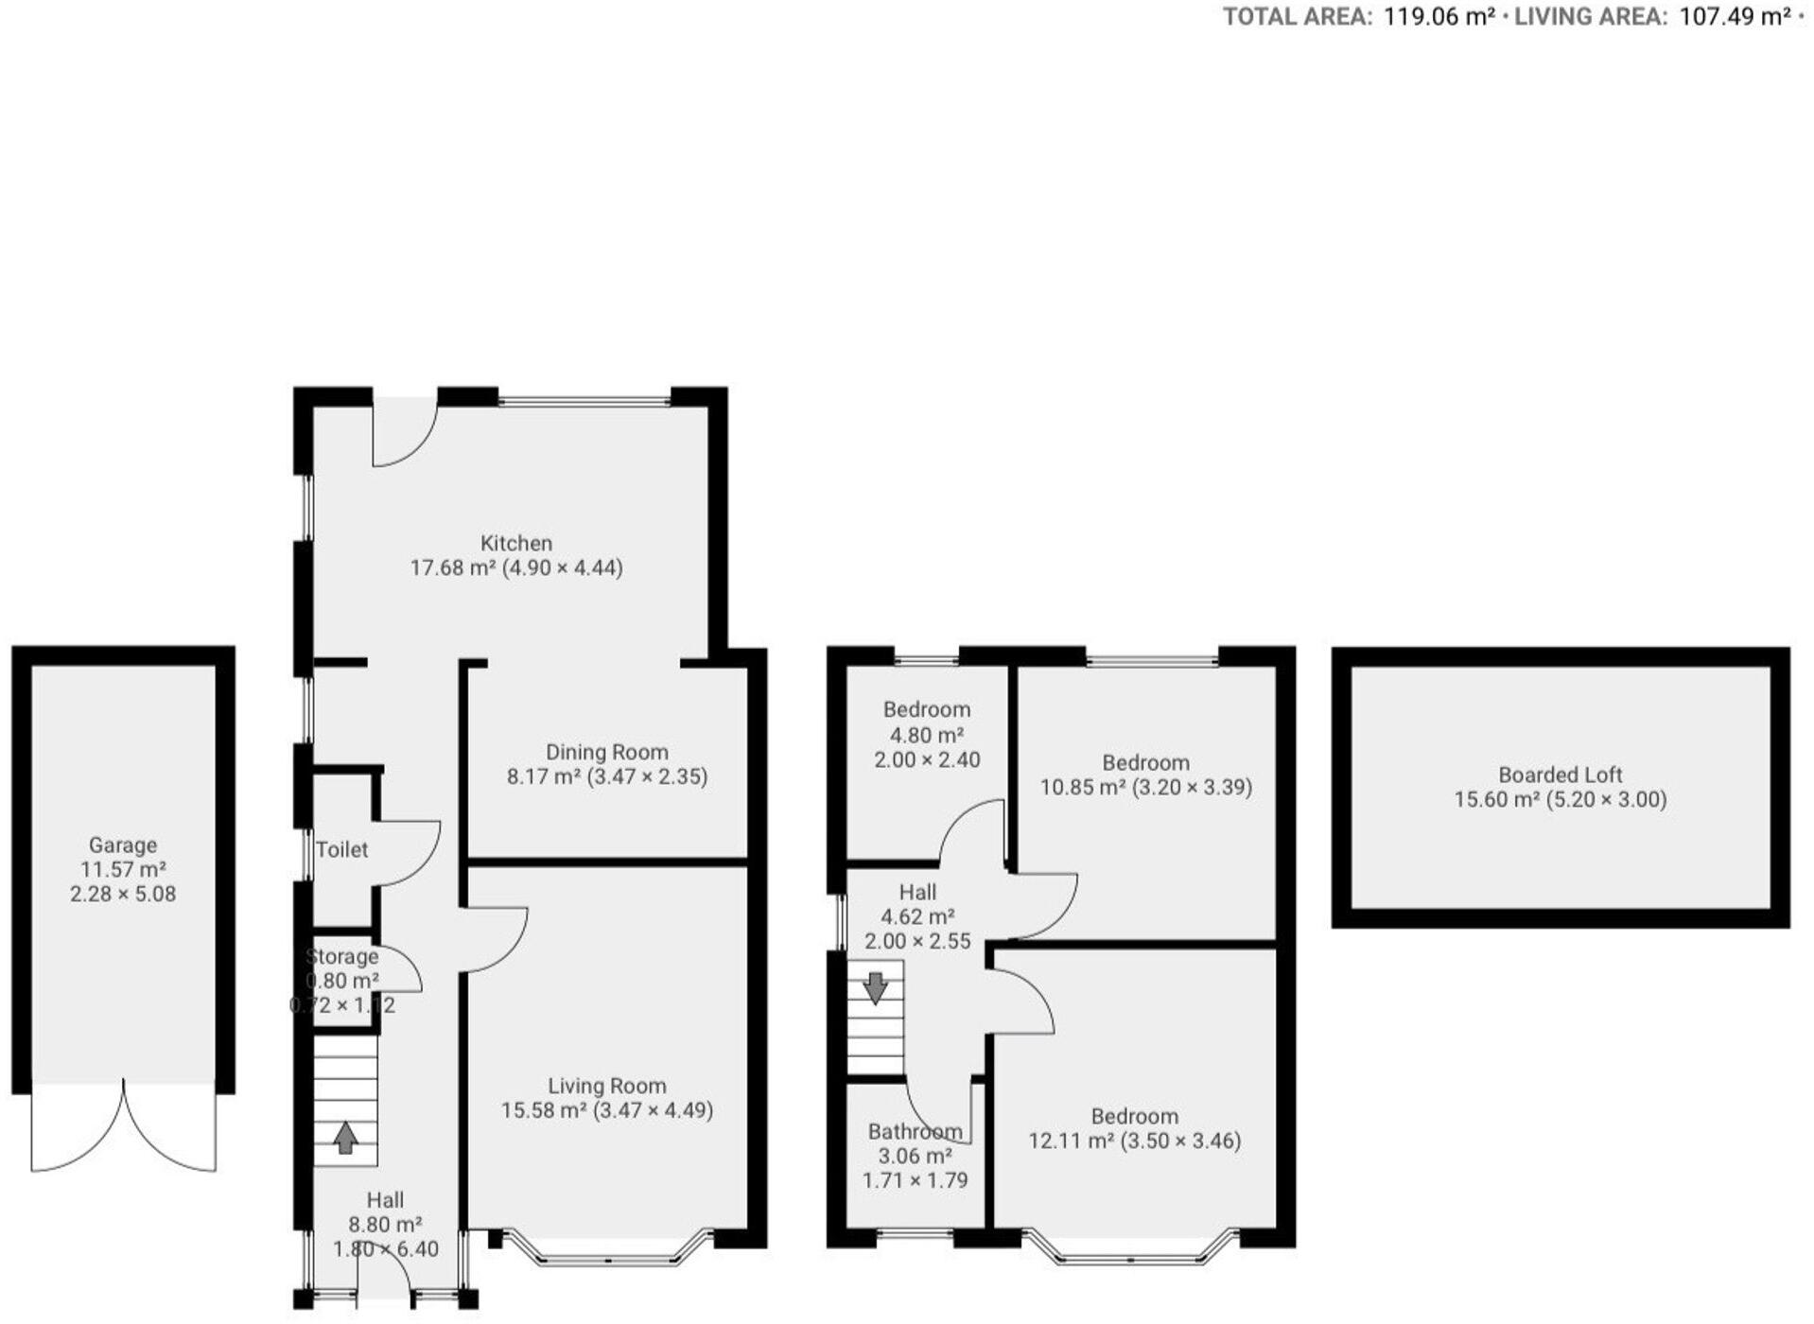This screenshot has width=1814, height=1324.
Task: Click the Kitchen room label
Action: (515, 544)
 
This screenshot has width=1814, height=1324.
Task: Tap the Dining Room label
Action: (606, 753)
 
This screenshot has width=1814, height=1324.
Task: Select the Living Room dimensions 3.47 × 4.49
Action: (654, 1110)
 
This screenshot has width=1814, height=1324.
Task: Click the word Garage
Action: (123, 845)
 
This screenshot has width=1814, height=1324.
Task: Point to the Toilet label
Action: (341, 849)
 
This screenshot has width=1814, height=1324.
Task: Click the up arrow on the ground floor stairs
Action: (345, 1137)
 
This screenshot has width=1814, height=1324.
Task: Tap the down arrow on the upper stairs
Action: (876, 987)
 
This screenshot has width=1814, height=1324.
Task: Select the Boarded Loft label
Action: (1560, 775)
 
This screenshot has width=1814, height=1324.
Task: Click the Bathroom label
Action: (915, 1131)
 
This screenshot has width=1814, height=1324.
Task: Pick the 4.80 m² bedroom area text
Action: (926, 735)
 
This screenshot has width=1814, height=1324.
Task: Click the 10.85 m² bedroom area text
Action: (1082, 787)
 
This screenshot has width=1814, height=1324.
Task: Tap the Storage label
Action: (342, 956)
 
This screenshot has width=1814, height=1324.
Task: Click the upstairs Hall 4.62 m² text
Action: (916, 916)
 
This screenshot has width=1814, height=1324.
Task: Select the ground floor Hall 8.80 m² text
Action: (385, 1225)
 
